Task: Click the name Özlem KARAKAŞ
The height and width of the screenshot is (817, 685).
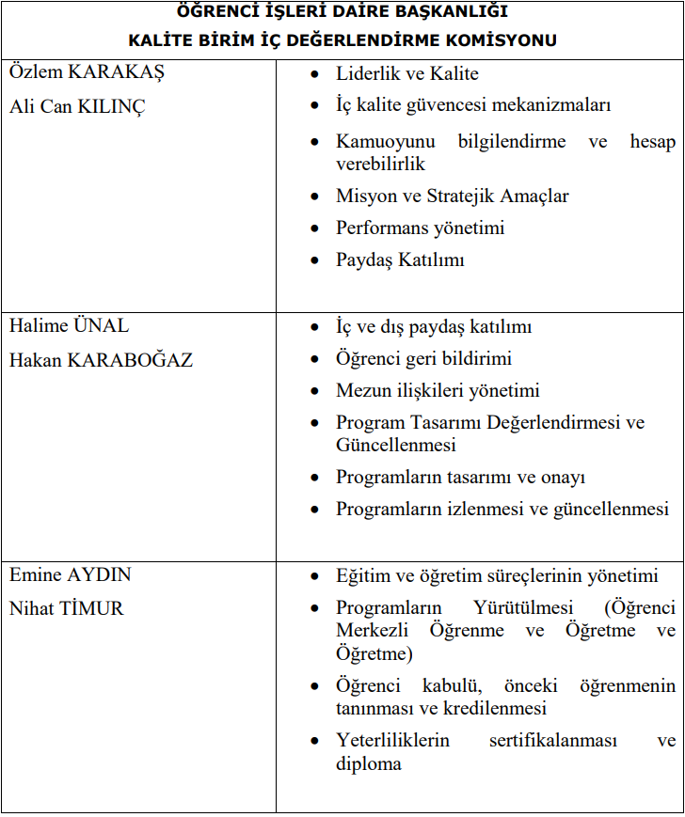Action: [x=87, y=74]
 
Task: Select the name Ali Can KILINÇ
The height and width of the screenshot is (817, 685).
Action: [x=77, y=106]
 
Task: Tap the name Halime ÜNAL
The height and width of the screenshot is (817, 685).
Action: [x=70, y=326]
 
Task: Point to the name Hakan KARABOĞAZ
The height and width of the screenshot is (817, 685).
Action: [x=101, y=359]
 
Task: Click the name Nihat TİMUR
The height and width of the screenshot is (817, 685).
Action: [x=66, y=608]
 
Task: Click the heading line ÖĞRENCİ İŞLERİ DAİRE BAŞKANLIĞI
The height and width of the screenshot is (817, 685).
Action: [x=342, y=12]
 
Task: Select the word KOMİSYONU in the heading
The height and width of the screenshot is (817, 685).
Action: [x=503, y=39]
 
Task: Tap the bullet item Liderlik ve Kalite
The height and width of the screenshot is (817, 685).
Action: [x=406, y=74]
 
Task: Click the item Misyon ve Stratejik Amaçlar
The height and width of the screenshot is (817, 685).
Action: [x=452, y=196]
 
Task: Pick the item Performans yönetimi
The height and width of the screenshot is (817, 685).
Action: [x=420, y=228]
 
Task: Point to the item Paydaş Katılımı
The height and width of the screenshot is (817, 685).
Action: [x=400, y=260]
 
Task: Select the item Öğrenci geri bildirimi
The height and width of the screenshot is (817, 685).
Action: [x=423, y=359]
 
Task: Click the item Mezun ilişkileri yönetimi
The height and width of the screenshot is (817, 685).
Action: [x=438, y=391]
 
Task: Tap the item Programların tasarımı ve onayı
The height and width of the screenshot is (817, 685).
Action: [x=460, y=478]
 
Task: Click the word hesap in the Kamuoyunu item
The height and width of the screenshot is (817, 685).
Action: [x=653, y=142]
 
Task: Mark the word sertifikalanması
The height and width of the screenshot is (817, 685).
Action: [x=552, y=741]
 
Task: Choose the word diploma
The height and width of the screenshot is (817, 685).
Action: [x=369, y=763]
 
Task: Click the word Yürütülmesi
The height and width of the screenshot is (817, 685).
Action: [x=515, y=608]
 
